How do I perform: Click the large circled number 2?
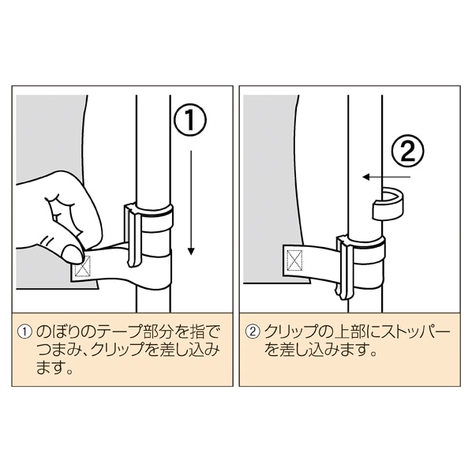(x=407, y=150)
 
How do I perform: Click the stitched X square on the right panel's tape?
(x=295, y=260)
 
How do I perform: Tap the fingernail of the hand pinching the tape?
(x=72, y=254)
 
